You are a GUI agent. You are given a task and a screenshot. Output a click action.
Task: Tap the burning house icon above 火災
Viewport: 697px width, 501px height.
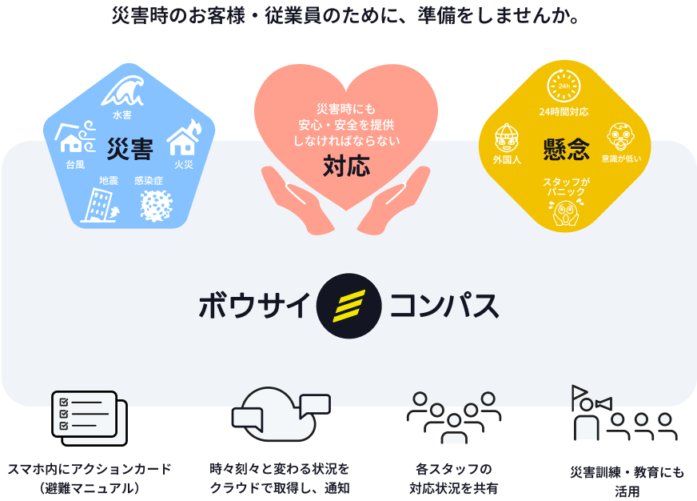tap(184, 138)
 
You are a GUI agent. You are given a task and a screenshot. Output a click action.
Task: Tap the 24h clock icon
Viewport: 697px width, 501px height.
tap(563, 86)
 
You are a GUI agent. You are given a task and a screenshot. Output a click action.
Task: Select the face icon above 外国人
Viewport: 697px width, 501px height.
tap(507, 138)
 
